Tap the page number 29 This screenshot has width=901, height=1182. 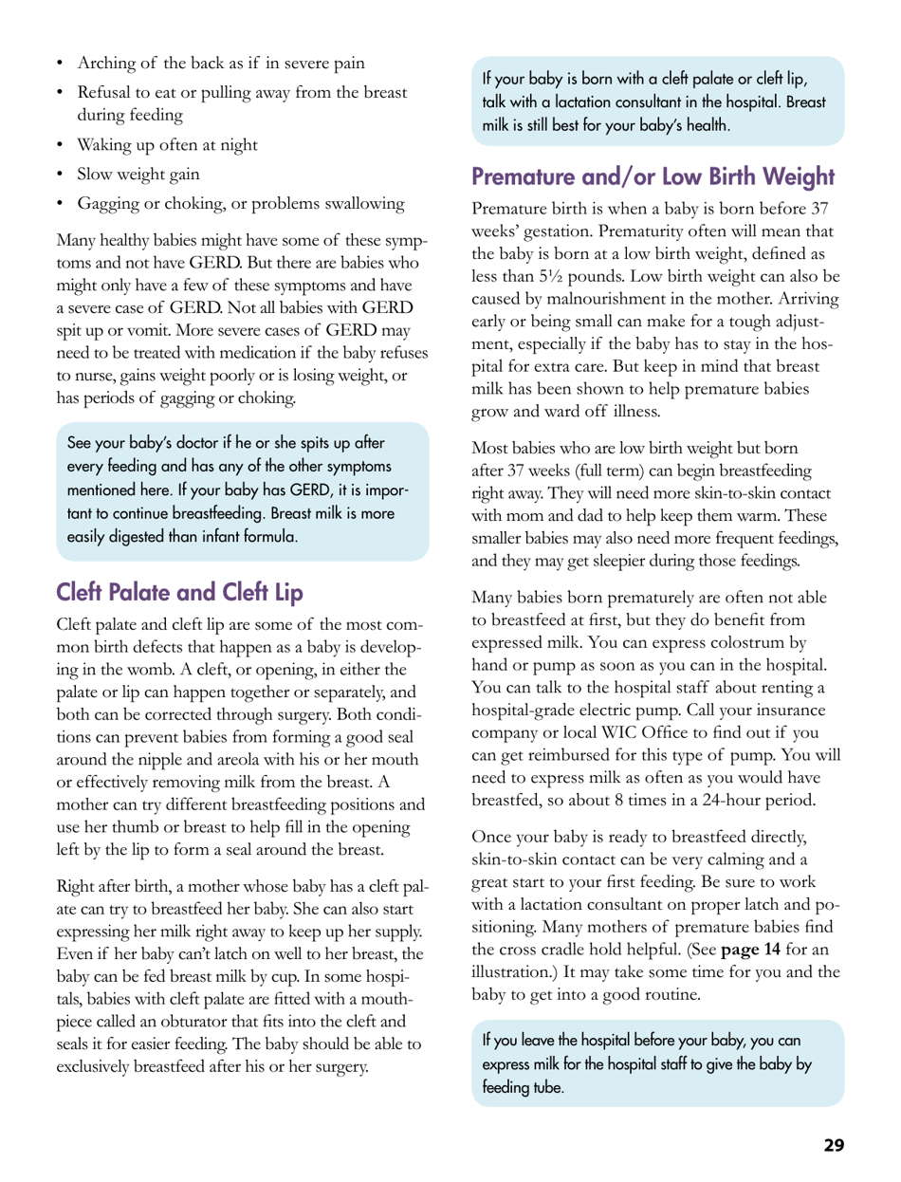tap(833, 1145)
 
